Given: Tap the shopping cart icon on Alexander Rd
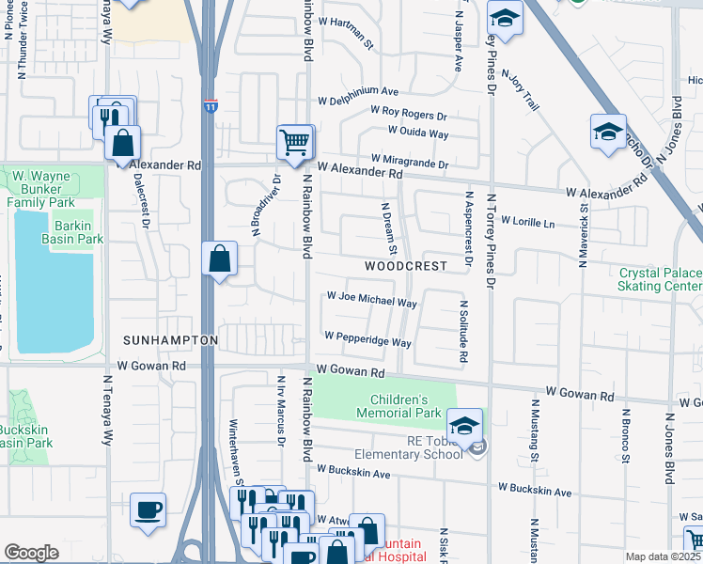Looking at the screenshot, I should click(x=294, y=143).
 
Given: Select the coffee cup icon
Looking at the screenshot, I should click(x=148, y=510).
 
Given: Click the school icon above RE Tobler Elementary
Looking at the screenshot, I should click(x=464, y=427).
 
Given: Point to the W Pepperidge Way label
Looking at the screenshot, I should click(x=367, y=339).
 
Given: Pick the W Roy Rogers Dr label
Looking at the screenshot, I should click(x=409, y=116).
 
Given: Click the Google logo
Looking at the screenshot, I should click(x=31, y=553).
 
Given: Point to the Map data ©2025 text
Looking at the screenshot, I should click(x=662, y=556).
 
